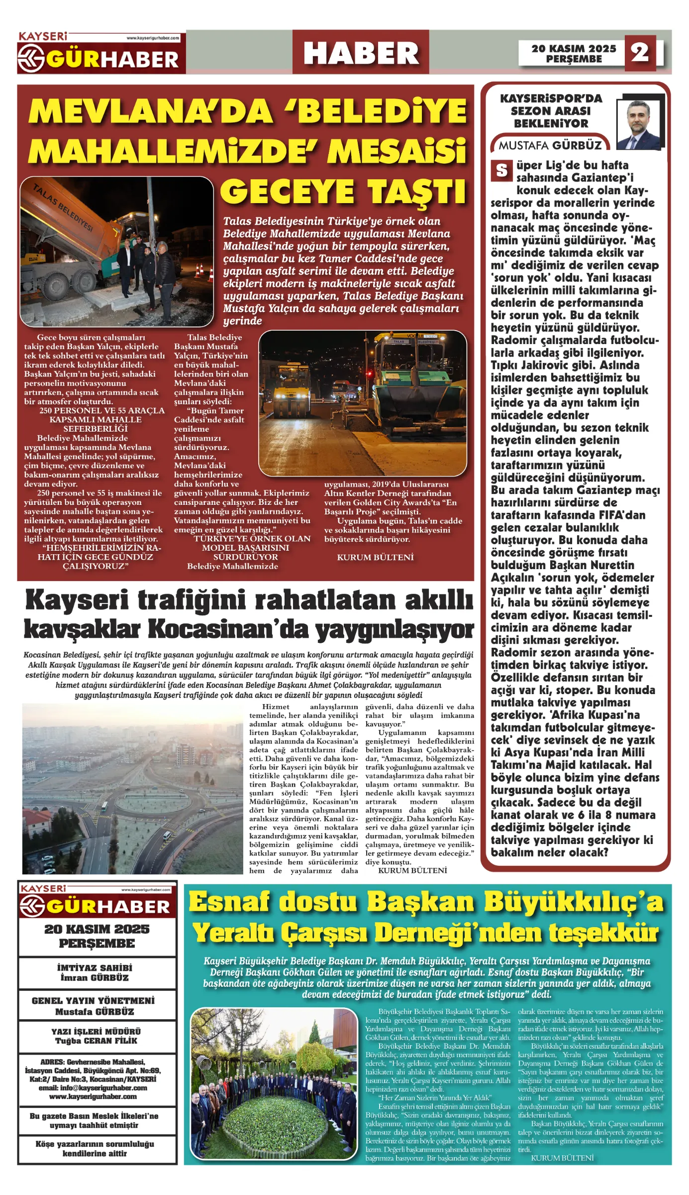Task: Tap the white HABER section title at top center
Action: [361, 53]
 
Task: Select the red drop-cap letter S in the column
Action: [501, 170]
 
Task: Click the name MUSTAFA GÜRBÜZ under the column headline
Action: [550, 145]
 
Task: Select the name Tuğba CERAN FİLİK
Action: [97, 1041]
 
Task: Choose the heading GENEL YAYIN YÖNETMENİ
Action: [93, 1001]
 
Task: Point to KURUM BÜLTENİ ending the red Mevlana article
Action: [375, 557]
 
